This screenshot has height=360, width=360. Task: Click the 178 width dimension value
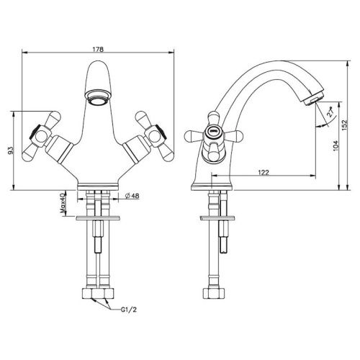point(98,49)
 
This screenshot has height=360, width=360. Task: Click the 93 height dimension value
point(11,150)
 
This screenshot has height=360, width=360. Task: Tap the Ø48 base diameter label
point(132,196)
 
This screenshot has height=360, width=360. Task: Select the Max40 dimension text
point(63,203)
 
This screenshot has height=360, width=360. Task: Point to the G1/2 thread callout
point(129,310)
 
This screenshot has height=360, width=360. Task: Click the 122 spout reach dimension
point(264,172)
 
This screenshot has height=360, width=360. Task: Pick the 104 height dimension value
point(336,145)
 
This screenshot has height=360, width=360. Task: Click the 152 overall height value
point(344,125)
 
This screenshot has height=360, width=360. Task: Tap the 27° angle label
point(330,112)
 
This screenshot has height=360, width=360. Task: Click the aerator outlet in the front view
point(98,99)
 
